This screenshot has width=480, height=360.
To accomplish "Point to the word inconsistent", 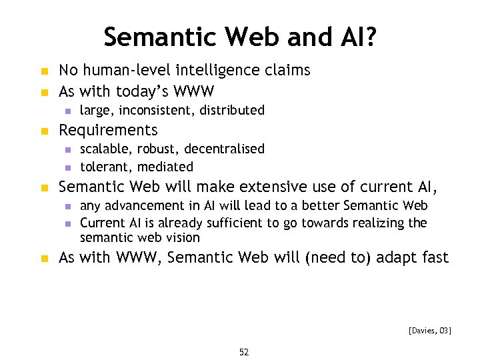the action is (x=155, y=110).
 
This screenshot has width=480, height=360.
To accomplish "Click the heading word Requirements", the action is (x=108, y=130).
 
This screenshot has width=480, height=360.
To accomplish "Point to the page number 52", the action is (x=243, y=352).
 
